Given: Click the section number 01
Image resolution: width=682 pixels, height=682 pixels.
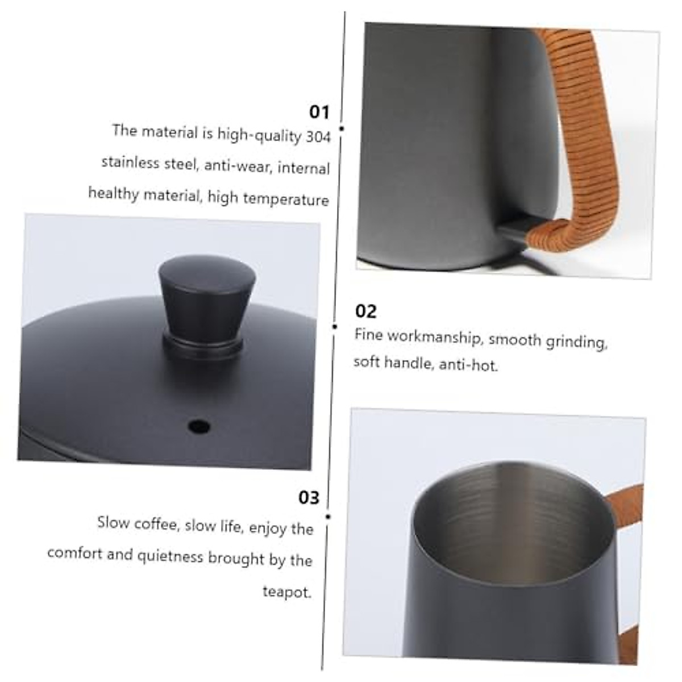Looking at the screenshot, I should [319, 112].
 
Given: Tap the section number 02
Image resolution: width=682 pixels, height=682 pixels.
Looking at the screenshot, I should [365, 311].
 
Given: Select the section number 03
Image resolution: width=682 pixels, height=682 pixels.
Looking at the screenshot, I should [309, 498].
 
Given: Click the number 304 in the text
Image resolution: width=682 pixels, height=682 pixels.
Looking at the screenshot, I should [318, 138].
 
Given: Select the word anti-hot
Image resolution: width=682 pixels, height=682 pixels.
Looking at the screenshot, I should [468, 365].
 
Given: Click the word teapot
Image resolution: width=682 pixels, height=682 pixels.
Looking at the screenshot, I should [287, 592].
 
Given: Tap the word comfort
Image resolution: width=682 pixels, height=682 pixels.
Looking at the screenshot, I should [74, 553].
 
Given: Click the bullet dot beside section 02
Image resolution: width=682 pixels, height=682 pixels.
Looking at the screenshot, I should [335, 326].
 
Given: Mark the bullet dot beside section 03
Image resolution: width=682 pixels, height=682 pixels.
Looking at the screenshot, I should [328, 516].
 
